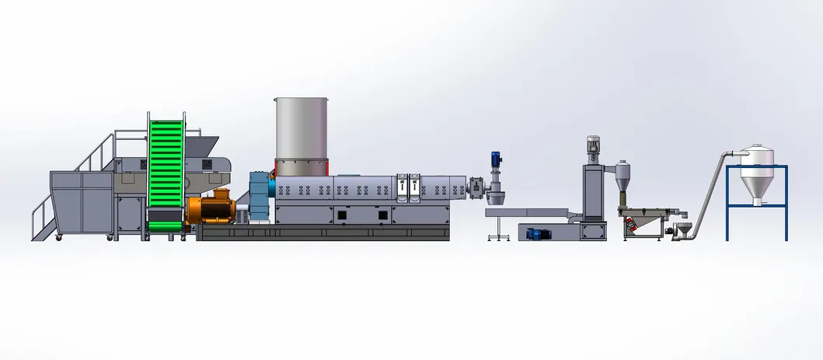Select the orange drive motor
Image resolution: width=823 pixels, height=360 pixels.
[x=209, y=209]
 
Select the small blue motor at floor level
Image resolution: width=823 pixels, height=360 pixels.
[x=536, y=232]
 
